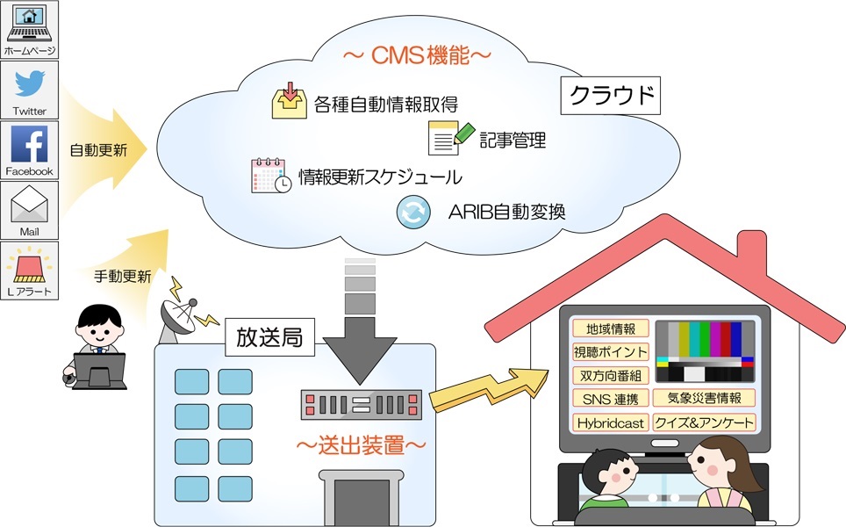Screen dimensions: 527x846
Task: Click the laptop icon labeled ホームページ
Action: coord(29,24)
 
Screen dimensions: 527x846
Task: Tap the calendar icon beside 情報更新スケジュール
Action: coord(270,176)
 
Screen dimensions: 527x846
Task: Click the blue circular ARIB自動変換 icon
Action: coord(412,213)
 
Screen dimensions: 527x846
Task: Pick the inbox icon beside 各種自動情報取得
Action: coord(289,103)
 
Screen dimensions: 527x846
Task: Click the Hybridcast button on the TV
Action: coord(611,422)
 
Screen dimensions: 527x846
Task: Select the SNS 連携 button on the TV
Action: coord(611,399)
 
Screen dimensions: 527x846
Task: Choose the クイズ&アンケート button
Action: coord(705,422)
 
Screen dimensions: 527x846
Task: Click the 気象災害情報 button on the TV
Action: coord(705,399)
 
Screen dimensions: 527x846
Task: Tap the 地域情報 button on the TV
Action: coord(611,328)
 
